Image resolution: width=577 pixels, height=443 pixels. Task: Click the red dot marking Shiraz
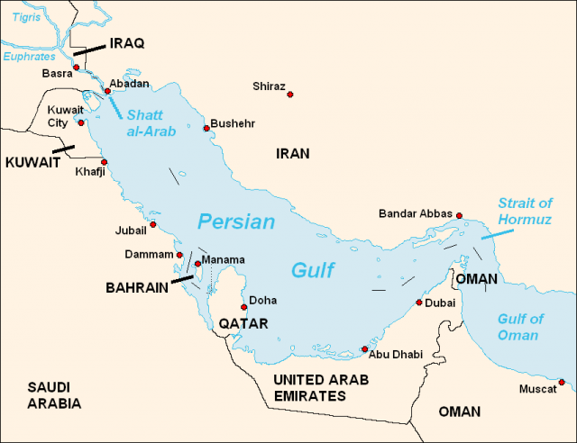pyautogui.click(x=291, y=94)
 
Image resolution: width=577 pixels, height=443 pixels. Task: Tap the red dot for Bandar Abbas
pyautogui.click(x=459, y=216)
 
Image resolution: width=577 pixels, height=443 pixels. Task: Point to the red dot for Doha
pyautogui.click(x=243, y=307)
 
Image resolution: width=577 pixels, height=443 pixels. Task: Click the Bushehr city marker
pyautogui.click(x=206, y=129)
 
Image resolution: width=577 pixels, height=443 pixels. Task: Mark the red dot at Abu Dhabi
pyautogui.click(x=364, y=349)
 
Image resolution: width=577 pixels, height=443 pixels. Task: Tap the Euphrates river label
pyautogui.click(x=29, y=56)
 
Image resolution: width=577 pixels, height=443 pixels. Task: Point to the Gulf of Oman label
pyautogui.click(x=521, y=327)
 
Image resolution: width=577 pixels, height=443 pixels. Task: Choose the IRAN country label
pyautogui.click(x=292, y=154)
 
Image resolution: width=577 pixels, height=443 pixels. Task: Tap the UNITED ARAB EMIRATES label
pyautogui.click(x=321, y=387)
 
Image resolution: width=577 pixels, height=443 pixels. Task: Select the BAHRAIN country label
pyautogui.click(x=137, y=288)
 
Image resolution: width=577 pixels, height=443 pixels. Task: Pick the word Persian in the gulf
pyautogui.click(x=236, y=221)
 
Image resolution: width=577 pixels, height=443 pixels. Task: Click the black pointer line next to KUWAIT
pyautogui.click(x=64, y=149)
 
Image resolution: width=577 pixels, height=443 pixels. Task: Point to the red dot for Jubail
pyautogui.click(x=153, y=225)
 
